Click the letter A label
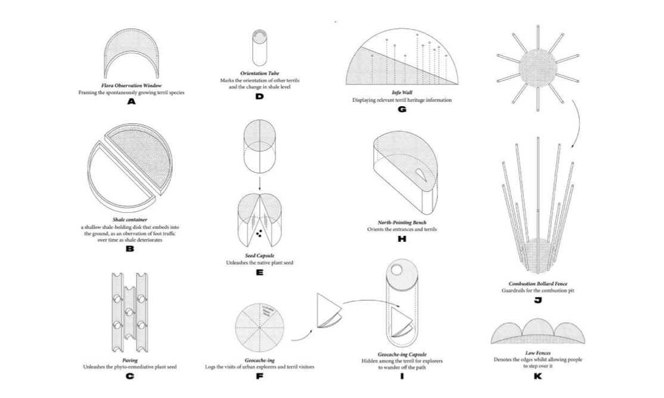tap(132, 102)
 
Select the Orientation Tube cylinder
tap(259, 48)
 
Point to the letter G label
tap(402, 109)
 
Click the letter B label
tap(130, 249)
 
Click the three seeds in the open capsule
tap(261, 233)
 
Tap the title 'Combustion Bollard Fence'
tap(537, 284)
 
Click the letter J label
tap(538, 300)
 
